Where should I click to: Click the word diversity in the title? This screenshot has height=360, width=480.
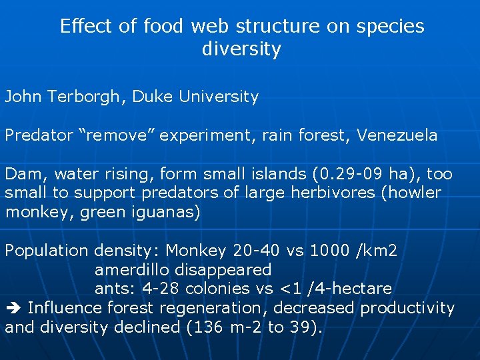[241, 49]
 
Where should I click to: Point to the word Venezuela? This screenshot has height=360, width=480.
[397, 135]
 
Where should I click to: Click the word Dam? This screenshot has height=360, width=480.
[22, 174]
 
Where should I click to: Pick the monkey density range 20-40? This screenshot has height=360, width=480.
[251, 251]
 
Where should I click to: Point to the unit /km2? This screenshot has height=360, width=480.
[377, 251]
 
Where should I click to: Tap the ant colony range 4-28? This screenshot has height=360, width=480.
[159, 289]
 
